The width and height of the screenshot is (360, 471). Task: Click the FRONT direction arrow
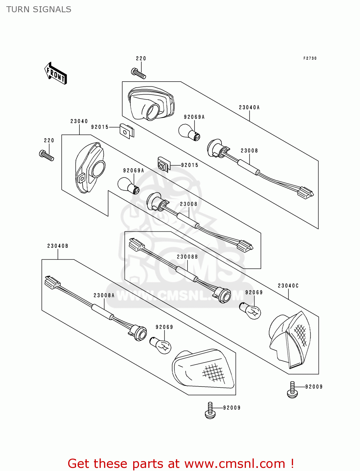[x=56, y=73]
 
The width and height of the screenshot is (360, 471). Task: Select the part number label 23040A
[x=249, y=107]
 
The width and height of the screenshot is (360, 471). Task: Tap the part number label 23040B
[x=58, y=246]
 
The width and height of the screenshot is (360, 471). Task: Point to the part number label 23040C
[x=288, y=286]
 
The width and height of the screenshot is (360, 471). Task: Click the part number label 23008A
[x=104, y=295]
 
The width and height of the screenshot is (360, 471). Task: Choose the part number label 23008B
[x=187, y=257]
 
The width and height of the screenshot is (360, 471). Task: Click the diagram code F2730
[x=310, y=58]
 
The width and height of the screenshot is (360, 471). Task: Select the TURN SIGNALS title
[x=39, y=9]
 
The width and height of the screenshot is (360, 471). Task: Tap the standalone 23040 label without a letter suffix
[x=79, y=121]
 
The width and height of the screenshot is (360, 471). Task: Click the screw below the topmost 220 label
[x=139, y=73]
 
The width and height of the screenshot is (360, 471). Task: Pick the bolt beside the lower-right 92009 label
[x=292, y=390]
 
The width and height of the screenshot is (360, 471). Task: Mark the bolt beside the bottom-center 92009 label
[x=210, y=411]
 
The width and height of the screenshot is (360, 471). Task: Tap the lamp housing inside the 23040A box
[x=151, y=103]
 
